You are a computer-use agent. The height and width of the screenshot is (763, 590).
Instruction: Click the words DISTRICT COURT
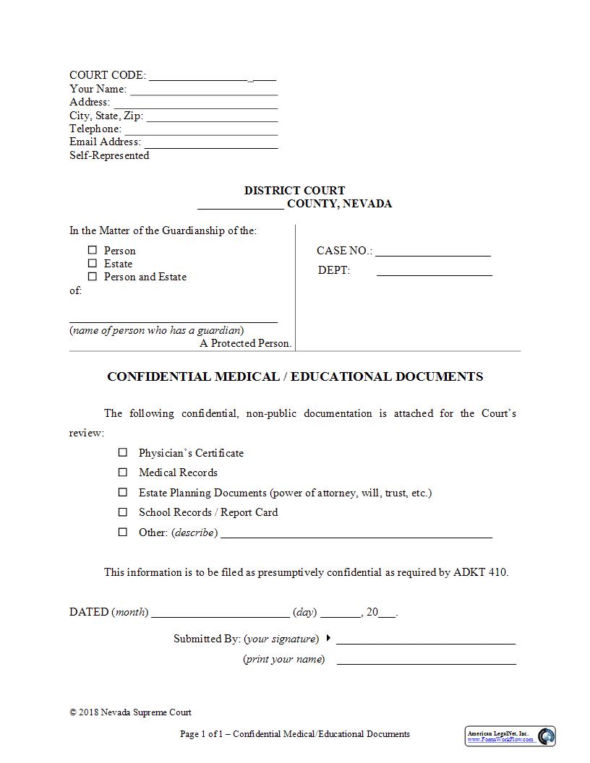point(294,191)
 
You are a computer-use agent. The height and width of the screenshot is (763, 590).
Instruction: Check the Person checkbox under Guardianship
point(93,250)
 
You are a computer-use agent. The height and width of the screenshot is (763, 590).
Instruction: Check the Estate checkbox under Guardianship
point(93,263)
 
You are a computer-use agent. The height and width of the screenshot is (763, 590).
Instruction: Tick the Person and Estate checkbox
point(93,276)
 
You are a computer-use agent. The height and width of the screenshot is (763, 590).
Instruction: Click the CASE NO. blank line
point(432,253)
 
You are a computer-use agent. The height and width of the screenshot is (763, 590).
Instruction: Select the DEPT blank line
point(434,273)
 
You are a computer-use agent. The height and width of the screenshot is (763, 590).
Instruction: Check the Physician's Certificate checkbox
point(123,452)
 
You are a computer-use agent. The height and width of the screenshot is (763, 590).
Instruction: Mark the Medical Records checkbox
point(123,472)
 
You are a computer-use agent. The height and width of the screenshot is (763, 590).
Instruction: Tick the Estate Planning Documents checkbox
point(123,492)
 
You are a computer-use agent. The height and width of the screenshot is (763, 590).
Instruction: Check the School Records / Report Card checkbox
point(123,512)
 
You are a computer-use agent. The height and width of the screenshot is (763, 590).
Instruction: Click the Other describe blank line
point(356,535)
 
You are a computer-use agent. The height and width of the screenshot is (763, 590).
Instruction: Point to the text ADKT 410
point(480,572)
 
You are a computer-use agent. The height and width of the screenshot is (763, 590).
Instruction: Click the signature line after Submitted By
point(425,641)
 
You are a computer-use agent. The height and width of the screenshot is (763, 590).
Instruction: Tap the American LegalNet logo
point(510,736)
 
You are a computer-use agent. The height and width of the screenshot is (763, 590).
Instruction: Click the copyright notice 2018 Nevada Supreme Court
point(130,712)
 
